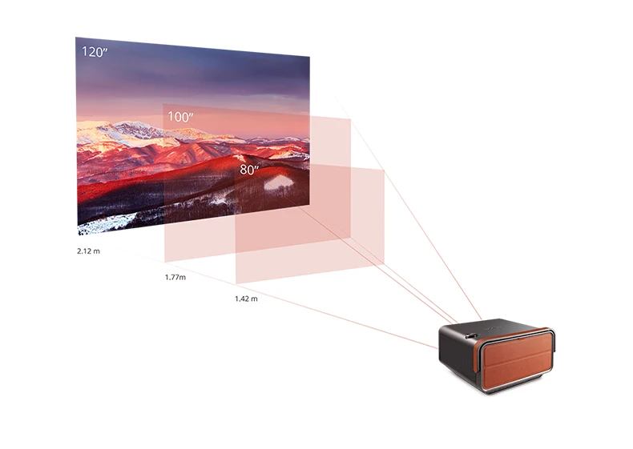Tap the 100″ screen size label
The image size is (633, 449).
coord(180,117)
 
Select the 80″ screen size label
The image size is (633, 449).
coord(250,170)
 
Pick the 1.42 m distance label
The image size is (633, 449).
coord(246,299)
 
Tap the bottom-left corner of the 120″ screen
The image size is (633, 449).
coord(78,235)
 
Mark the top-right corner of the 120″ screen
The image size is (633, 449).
coord(309,57)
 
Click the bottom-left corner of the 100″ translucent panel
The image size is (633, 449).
coord(164,260)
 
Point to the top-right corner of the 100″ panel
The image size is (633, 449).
coord(351,119)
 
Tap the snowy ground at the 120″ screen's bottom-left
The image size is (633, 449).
coord(100,224)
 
